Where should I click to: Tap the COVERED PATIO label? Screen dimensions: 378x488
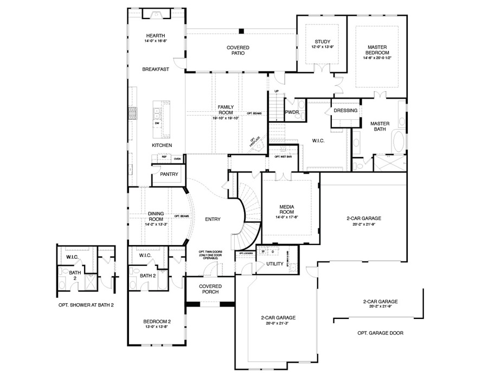point(237,50)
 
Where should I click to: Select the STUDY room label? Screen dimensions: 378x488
point(322,42)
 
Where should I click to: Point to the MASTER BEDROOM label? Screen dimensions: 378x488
point(376,50)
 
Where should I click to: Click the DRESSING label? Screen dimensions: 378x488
point(345,111)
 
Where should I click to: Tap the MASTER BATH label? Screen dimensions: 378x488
point(380,126)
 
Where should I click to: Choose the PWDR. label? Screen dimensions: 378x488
point(292,112)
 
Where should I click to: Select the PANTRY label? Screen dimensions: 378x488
point(169,174)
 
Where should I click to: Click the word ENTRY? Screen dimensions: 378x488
point(212,219)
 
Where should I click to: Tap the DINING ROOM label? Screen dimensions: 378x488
point(156,216)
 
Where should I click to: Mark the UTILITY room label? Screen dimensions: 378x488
point(275,264)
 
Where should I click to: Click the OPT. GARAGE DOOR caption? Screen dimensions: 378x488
point(380,333)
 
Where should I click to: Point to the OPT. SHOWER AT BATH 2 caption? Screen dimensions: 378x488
point(86,305)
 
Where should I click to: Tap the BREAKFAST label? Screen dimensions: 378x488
point(156,69)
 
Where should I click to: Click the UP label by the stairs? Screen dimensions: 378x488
point(276,91)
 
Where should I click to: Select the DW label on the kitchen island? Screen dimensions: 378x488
point(157,123)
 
